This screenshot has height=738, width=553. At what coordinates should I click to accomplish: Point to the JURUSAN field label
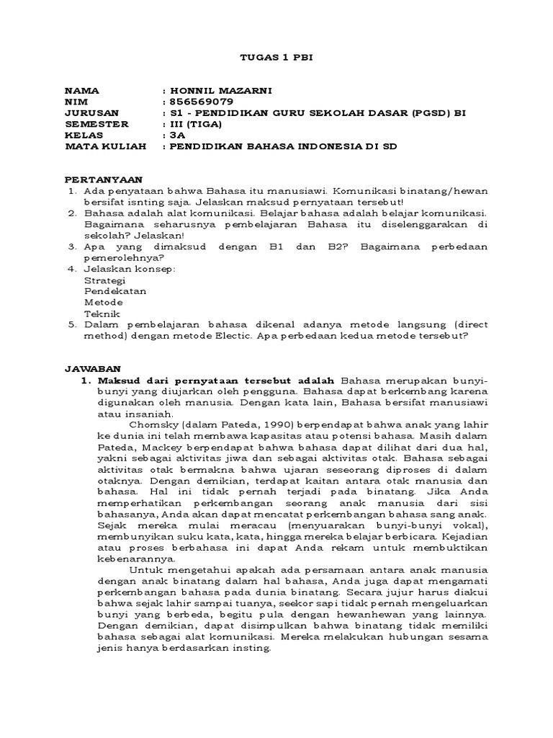click(x=91, y=113)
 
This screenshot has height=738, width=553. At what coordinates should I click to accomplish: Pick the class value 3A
click(x=176, y=135)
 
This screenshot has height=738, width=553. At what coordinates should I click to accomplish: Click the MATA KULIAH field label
click(x=105, y=146)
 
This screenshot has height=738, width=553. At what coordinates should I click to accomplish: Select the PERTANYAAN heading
click(x=104, y=179)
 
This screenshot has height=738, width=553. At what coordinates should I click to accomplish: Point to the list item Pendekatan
click(x=115, y=291)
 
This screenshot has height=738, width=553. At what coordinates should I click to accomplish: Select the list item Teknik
click(x=100, y=314)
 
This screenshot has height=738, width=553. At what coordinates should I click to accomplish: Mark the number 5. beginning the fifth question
click(x=72, y=325)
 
